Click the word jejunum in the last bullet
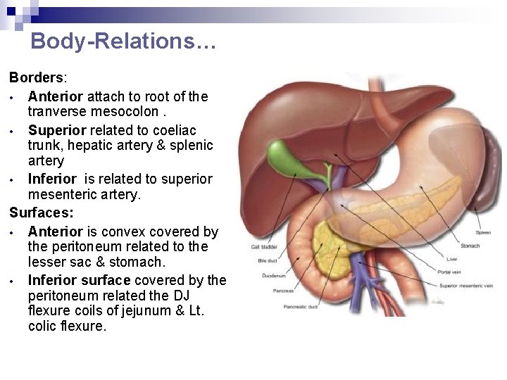coord(156,312)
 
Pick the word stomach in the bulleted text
coord(138,262)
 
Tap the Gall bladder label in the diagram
coord(264,247)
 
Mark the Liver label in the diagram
coord(442,259)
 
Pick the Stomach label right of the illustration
coord(471,246)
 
